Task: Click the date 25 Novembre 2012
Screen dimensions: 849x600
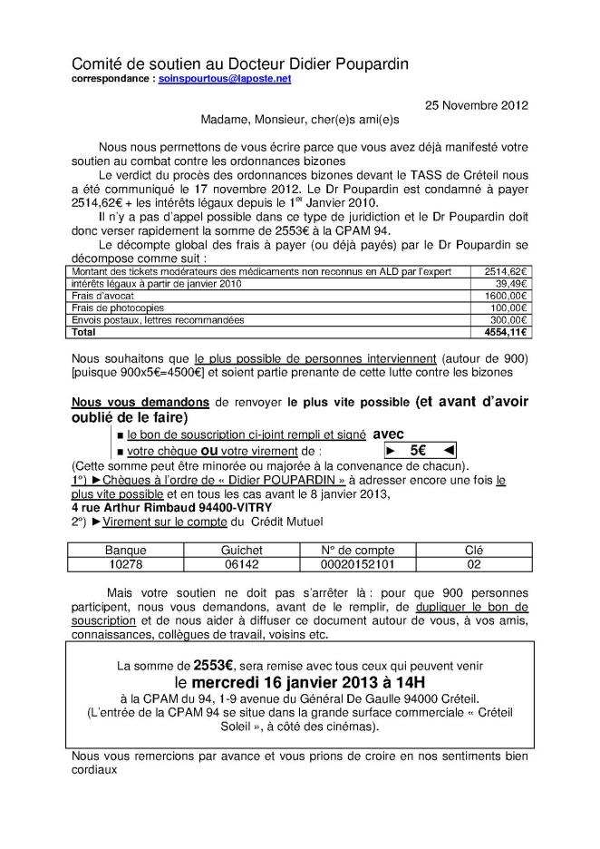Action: pos(477,105)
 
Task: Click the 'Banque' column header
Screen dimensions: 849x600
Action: pos(125,550)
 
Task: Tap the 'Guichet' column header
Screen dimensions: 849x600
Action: pos(242,550)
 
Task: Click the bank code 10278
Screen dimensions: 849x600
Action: pos(125,563)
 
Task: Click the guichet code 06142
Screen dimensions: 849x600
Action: pos(242,563)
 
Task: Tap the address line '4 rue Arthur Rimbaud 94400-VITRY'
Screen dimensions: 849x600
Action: pos(167,507)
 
